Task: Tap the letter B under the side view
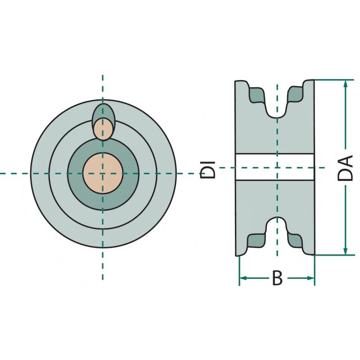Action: coord(277,279)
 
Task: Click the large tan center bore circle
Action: coord(103,173)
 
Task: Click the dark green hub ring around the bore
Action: coord(130,173)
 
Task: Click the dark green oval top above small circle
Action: coord(103,111)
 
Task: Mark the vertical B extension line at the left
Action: coord(239,270)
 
